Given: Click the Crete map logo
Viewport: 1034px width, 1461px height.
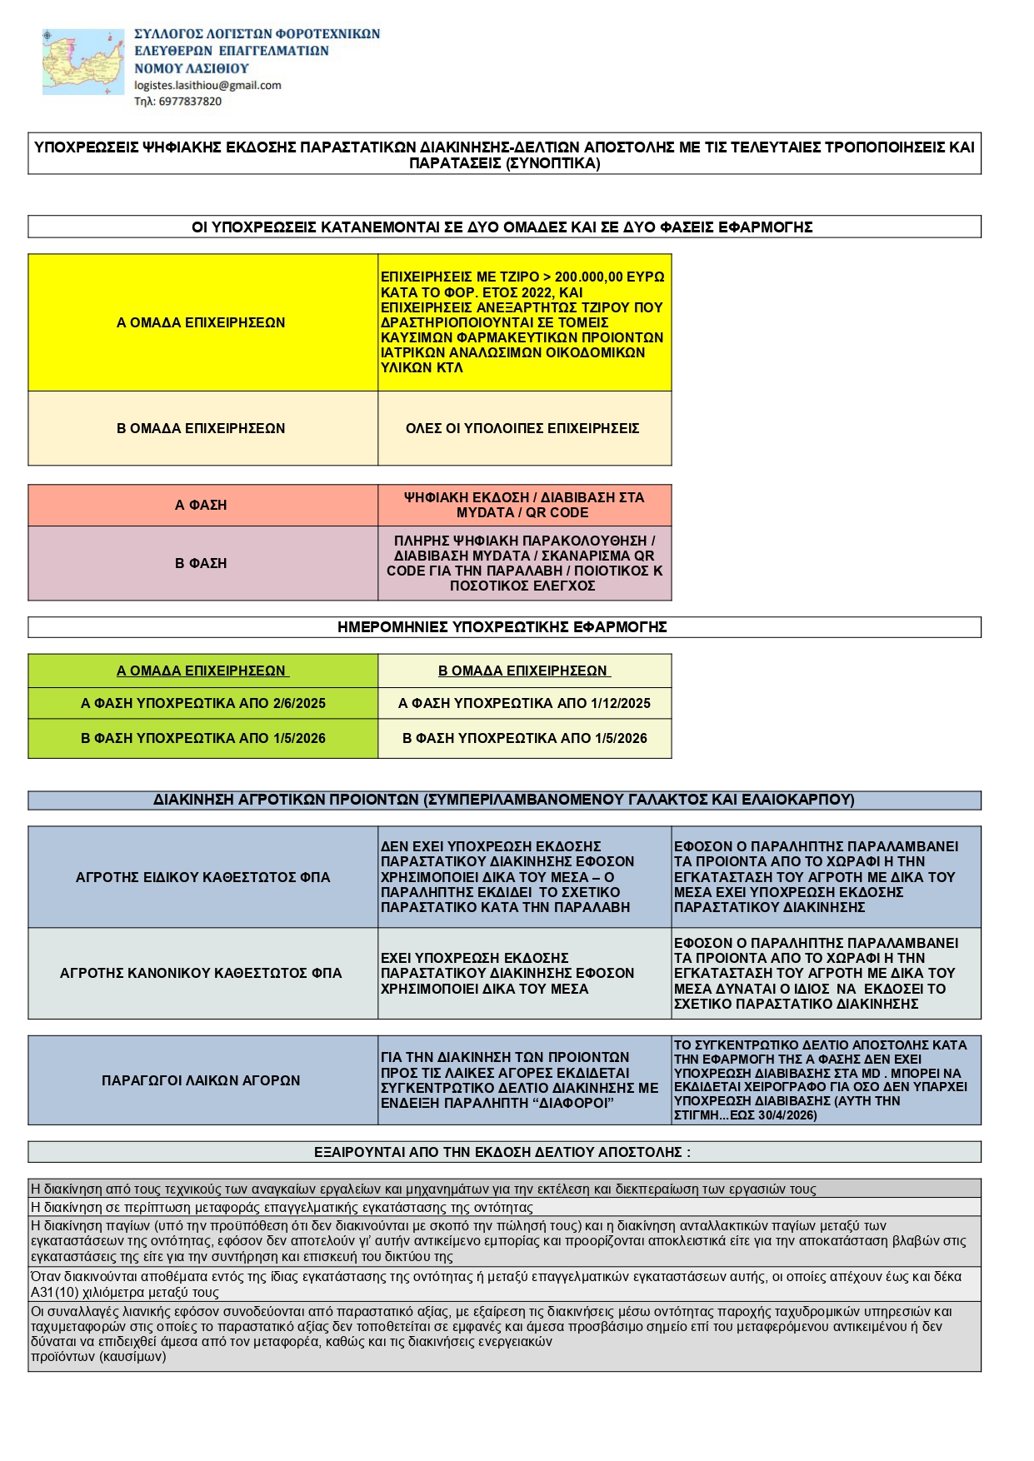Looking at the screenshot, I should (83, 62).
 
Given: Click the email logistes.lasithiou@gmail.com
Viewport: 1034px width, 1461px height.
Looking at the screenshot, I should (207, 85).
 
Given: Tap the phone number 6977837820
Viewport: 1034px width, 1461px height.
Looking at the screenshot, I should (190, 102).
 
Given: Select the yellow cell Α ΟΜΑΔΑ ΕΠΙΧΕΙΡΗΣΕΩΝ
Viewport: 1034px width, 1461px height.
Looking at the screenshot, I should (201, 322).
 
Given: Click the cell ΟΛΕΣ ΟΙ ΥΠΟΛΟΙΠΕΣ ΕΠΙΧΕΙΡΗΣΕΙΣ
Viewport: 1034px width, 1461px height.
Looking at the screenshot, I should (522, 428).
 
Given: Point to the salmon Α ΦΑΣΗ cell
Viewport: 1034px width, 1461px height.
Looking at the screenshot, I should (201, 505).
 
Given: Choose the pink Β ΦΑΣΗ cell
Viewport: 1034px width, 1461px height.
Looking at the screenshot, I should (201, 563).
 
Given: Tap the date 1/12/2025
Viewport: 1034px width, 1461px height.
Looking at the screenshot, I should (620, 703).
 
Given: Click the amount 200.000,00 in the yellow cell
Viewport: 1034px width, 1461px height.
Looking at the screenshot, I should (588, 277).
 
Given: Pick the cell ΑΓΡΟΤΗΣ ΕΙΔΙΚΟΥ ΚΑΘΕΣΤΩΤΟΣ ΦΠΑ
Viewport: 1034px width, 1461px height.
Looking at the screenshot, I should (202, 877).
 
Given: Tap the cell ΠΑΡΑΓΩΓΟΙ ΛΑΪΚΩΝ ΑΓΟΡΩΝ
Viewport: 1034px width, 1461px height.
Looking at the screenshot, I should (201, 1080).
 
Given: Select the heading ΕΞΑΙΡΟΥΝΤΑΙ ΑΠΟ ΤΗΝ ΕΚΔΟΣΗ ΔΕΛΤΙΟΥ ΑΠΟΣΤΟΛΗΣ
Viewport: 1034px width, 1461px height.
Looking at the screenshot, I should (502, 1152).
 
